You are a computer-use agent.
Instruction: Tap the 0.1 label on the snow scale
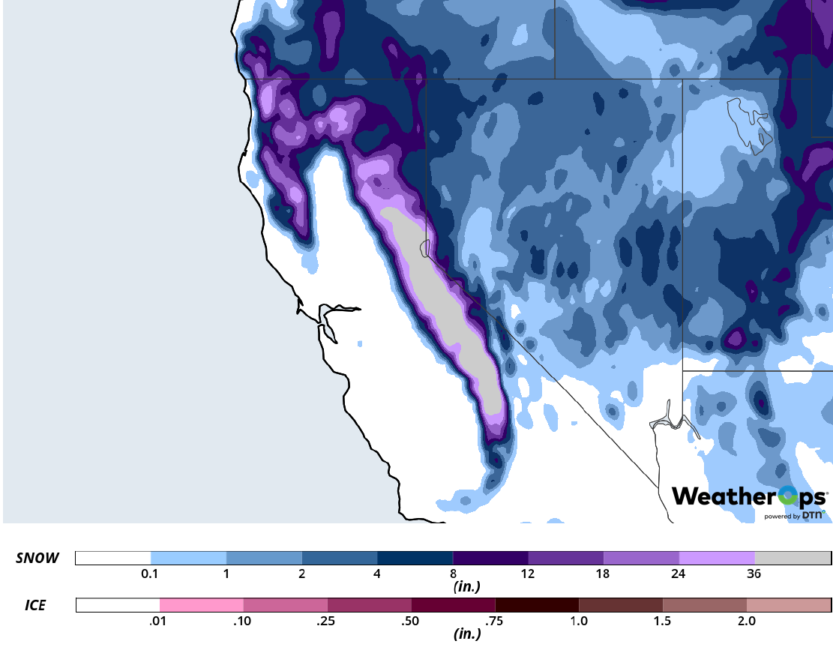[x=150, y=574]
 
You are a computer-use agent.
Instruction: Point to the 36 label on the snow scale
[x=754, y=574]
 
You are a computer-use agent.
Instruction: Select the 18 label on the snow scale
[x=604, y=574]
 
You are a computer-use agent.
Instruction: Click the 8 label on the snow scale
[x=453, y=574]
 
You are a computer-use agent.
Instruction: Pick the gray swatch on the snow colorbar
[x=793, y=559]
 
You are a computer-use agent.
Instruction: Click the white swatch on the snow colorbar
[x=113, y=559]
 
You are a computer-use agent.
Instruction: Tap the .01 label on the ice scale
[x=159, y=621]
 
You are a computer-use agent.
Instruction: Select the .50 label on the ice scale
[x=411, y=621]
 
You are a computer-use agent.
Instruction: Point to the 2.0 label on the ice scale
[x=747, y=621]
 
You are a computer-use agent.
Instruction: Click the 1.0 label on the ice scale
[x=579, y=621]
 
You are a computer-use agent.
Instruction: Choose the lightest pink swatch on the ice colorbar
[x=201, y=605]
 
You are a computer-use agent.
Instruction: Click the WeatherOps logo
[x=749, y=496]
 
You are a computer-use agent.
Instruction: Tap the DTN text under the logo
[x=814, y=515]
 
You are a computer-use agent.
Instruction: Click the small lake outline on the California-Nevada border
[x=425, y=248]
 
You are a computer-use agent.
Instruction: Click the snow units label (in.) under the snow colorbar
[x=466, y=587]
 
